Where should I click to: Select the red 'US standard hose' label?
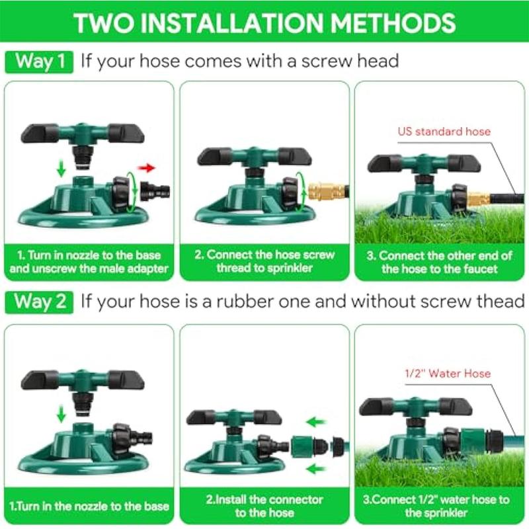(444, 131)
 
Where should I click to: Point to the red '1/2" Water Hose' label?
(447, 374)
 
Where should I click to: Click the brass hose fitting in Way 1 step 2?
(327, 192)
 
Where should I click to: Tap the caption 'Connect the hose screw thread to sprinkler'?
(264, 261)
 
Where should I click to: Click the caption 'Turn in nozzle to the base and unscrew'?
(89, 262)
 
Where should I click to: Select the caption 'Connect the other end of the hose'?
(440, 262)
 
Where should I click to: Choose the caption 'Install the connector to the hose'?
(264, 506)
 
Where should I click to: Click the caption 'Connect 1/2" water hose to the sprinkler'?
(440, 506)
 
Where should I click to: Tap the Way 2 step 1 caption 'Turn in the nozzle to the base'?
(89, 507)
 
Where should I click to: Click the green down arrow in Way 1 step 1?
(61, 169)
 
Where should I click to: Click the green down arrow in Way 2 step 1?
(61, 415)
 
